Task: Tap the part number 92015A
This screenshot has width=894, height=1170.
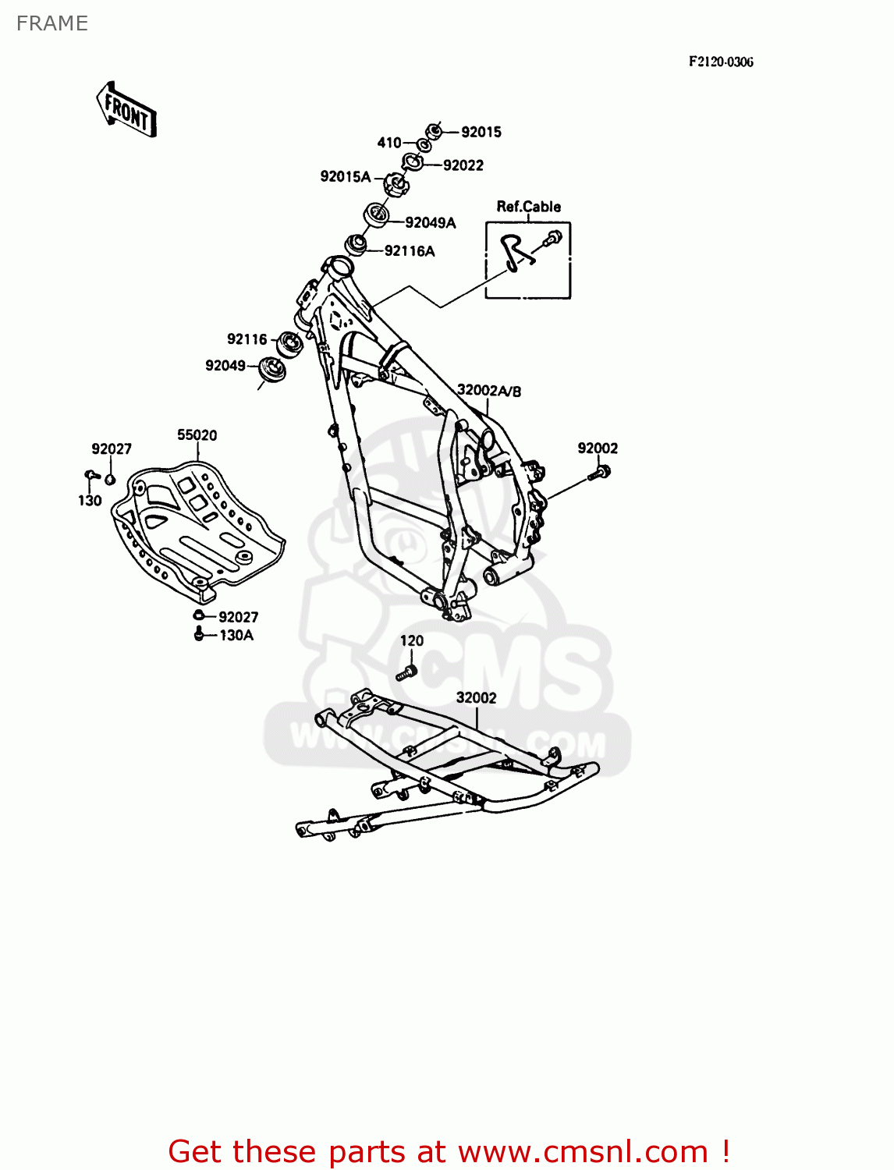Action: click(x=345, y=177)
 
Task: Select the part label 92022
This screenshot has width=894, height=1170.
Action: click(x=463, y=165)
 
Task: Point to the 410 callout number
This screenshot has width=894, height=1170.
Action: click(x=388, y=143)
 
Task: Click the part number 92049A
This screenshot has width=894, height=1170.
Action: click(x=430, y=223)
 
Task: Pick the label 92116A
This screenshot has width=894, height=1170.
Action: click(x=410, y=251)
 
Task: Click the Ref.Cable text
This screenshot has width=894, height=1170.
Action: click(x=528, y=207)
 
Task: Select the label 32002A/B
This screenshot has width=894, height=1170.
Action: click(x=489, y=391)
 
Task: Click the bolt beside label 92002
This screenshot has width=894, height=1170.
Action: click(x=601, y=472)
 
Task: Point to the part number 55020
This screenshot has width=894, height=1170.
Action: click(x=197, y=435)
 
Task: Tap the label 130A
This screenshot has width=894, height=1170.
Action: click(x=236, y=636)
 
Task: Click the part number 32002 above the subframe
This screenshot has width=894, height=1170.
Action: click(x=476, y=698)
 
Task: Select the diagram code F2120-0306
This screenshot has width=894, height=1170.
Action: click(x=720, y=62)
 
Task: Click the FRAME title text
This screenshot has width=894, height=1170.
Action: click(x=52, y=23)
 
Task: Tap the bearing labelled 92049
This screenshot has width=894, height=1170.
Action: click(x=271, y=370)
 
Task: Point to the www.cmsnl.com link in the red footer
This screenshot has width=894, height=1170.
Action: click(x=583, y=1151)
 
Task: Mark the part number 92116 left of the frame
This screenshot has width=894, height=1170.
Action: click(x=247, y=339)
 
